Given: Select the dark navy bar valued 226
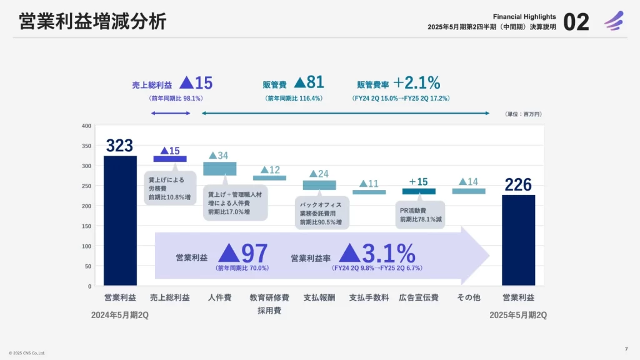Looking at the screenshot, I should (518, 240).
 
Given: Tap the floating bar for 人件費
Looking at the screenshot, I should (219, 169).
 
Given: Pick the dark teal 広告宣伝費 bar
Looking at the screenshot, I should (419, 191).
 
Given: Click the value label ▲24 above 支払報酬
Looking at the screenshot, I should (319, 173).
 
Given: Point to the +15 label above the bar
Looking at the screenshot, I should (419, 182).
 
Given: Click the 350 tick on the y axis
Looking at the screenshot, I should (87, 146).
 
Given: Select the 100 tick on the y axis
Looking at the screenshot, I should (87, 246).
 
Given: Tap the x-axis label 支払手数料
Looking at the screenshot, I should (369, 297).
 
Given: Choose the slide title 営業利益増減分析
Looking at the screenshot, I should (93, 22).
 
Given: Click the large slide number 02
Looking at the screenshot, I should (576, 22).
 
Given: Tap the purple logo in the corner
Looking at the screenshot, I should (614, 21).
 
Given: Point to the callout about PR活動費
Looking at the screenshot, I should (420, 214).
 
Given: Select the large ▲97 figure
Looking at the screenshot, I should (244, 254).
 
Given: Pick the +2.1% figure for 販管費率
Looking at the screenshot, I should (417, 82).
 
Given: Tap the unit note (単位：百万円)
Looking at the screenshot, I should (522, 114).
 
